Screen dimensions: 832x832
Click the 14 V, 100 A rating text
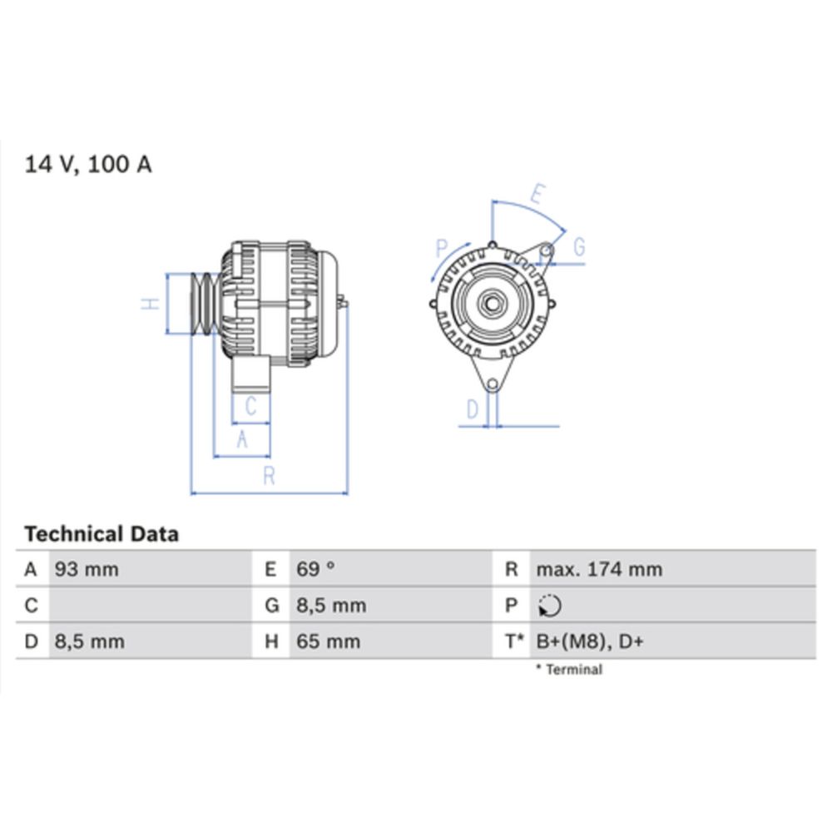coord(88,164)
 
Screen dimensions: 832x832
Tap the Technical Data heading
coord(102,534)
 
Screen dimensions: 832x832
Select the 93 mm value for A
coord(87,570)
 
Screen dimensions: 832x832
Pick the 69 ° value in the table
coord(316,570)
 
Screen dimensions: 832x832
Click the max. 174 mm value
coord(599,570)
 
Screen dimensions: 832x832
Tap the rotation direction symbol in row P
coord(550,607)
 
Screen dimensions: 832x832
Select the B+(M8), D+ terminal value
coord(590,641)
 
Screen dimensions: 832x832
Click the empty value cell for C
coord(150,606)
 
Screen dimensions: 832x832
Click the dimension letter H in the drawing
coord(150,305)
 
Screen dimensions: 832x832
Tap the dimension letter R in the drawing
coord(269,477)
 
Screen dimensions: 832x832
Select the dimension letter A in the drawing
coord(242,439)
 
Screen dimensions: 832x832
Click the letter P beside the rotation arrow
coord(442,247)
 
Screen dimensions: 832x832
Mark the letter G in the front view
coord(579,247)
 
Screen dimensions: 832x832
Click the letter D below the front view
coord(473,409)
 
